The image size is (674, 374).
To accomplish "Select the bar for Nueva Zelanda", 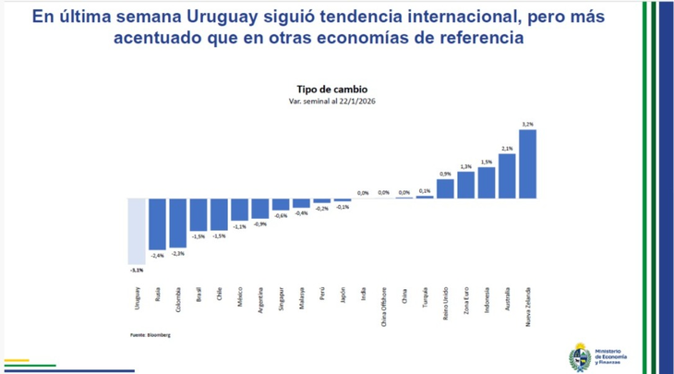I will click(x=527, y=163).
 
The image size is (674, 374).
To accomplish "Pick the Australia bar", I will click(x=507, y=175).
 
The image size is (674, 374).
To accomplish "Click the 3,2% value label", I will click(x=527, y=124).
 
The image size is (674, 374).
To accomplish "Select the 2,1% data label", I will click(x=507, y=148).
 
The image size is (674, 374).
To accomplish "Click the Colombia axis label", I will click(x=177, y=302).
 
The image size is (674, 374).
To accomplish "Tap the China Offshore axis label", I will click(x=384, y=307).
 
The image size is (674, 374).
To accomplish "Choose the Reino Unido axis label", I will click(x=446, y=304).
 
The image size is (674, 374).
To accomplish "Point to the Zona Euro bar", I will click(x=466, y=185).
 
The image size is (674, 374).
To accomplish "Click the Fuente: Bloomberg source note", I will click(x=150, y=334).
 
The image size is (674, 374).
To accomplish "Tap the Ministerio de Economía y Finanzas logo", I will click(x=601, y=356).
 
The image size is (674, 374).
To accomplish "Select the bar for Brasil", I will click(x=198, y=214).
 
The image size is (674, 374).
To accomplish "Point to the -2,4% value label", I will click(x=157, y=255).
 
